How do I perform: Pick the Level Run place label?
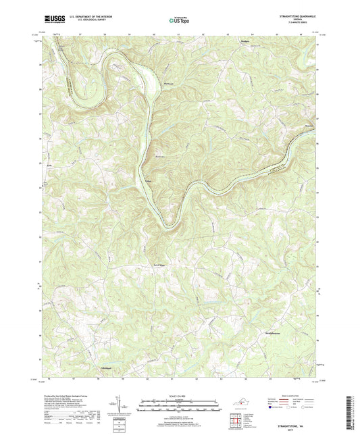point(160,264)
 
